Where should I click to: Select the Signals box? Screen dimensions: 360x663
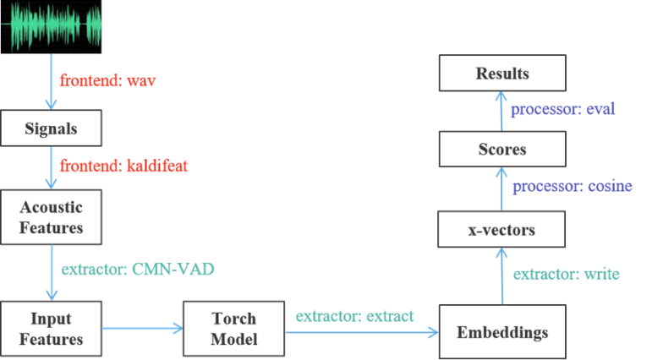52,130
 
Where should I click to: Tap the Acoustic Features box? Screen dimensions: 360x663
52,217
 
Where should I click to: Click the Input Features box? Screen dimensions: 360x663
52,330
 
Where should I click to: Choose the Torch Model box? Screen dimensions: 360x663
234,330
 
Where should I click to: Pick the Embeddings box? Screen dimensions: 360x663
503,332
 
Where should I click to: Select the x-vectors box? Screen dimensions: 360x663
502,230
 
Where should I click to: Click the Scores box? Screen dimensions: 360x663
502,150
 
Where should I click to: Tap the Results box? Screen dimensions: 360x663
502,74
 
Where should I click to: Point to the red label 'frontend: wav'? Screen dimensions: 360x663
107,82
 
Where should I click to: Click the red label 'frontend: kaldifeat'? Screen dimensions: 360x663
123,166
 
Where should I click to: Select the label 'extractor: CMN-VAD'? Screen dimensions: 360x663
138,270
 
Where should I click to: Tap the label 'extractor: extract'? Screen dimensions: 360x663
354,316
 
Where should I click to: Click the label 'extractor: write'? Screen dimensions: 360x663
567,274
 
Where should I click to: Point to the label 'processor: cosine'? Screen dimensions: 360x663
572,187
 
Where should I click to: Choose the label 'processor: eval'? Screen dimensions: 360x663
562,109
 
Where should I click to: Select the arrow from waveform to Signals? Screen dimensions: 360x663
51,81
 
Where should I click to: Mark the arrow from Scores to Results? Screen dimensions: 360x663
501,112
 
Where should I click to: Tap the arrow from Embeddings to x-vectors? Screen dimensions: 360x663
501,275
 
